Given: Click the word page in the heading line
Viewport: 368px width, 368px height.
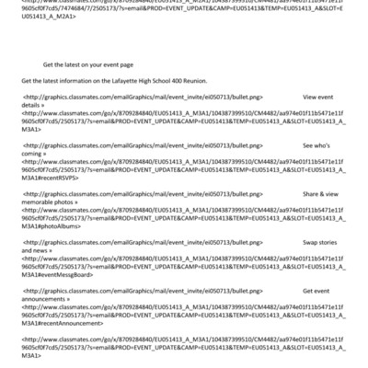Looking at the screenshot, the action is [x=126, y=65].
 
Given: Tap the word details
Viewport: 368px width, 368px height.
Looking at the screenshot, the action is [x=32, y=105].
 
